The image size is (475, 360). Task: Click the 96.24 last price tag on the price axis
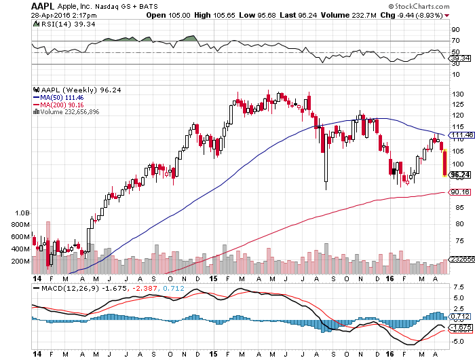[x=459, y=175]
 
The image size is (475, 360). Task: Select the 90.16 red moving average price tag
[x=459, y=192]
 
